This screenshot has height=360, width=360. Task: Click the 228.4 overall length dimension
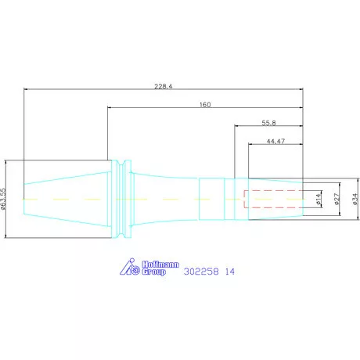click(164, 86)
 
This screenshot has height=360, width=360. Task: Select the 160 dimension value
click(205, 105)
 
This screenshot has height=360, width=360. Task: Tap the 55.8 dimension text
click(268, 123)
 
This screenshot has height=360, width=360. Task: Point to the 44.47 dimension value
click(275, 141)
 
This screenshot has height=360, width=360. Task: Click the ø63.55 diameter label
click(3, 199)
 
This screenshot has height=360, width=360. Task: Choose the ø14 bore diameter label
click(319, 199)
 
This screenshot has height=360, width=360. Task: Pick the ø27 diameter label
click(337, 199)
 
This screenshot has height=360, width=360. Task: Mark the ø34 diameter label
click(355, 199)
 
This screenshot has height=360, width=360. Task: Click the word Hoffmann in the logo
click(160, 265)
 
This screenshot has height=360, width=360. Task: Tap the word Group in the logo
click(154, 272)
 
